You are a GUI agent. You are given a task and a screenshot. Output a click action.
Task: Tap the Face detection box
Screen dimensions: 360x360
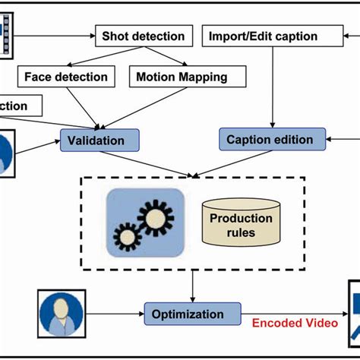[65, 76]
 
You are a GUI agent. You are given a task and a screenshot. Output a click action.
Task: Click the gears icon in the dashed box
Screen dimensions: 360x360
[145, 221]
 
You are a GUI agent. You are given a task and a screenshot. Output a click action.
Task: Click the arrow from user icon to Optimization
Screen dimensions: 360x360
[114, 314]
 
